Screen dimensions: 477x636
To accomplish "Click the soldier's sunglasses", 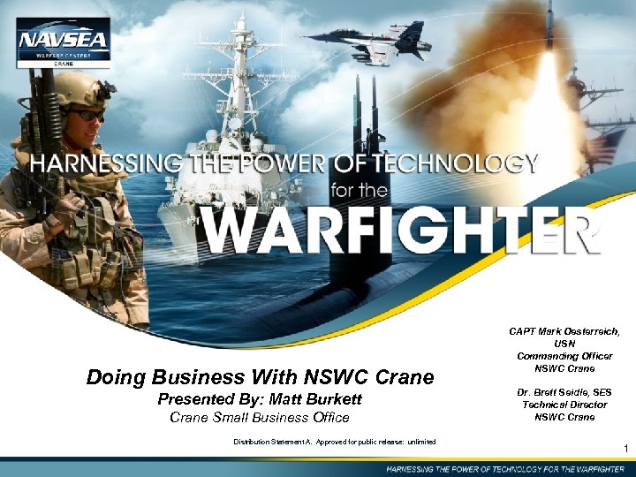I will [86, 115].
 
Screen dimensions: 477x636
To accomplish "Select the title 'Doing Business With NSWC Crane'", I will [260, 378].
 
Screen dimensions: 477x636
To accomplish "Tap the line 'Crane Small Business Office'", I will [260, 417].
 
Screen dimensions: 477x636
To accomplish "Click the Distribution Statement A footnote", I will [334, 441].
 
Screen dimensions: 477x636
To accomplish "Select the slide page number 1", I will [625, 450].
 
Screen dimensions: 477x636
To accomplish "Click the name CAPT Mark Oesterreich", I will [564, 331].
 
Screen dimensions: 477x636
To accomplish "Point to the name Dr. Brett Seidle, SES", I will [564, 392].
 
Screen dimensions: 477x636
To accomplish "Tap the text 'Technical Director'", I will [564, 405].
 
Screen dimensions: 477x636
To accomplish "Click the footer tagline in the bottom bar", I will [504, 467].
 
